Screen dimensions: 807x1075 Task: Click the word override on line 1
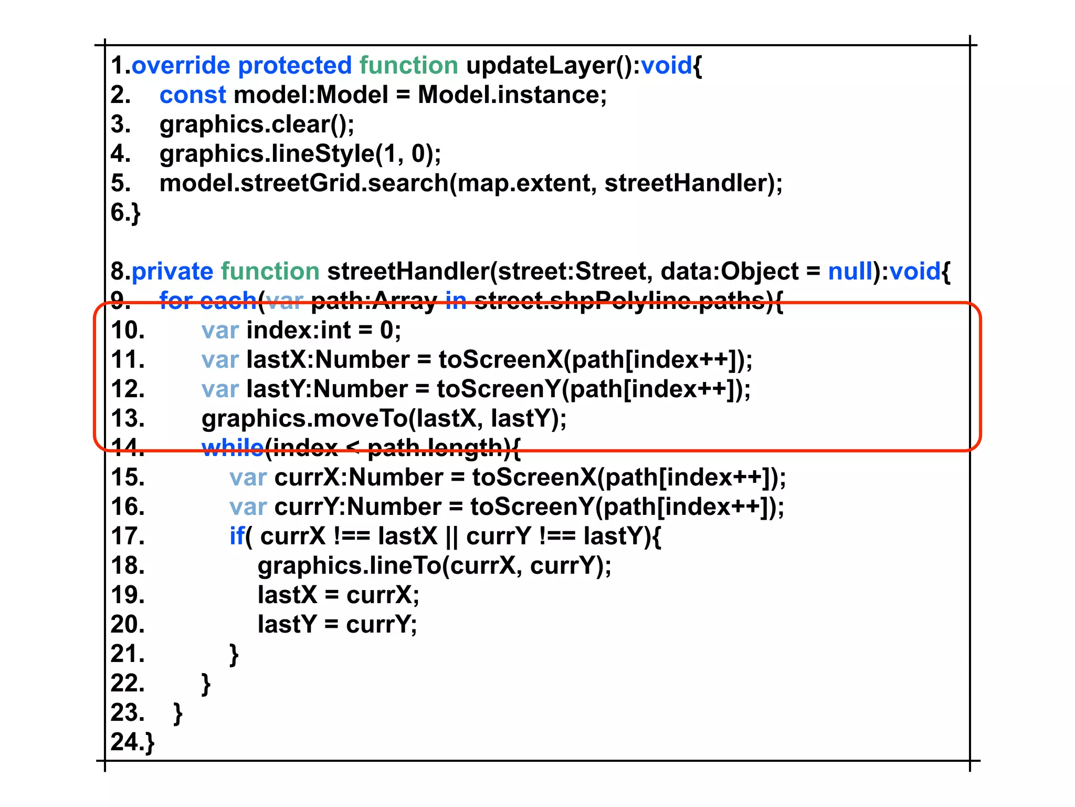181,66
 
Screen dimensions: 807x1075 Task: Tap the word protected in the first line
294,66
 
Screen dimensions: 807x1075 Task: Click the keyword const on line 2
193,95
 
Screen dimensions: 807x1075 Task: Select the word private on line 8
172,272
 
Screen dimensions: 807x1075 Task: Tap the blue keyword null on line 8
850,272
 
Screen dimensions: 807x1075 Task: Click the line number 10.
128,330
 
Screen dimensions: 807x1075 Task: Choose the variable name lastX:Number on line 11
328,360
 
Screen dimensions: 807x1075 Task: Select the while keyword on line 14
232,447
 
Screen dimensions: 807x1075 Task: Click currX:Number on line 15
359,478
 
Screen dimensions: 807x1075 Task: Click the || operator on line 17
451,536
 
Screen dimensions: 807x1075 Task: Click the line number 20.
128,625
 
